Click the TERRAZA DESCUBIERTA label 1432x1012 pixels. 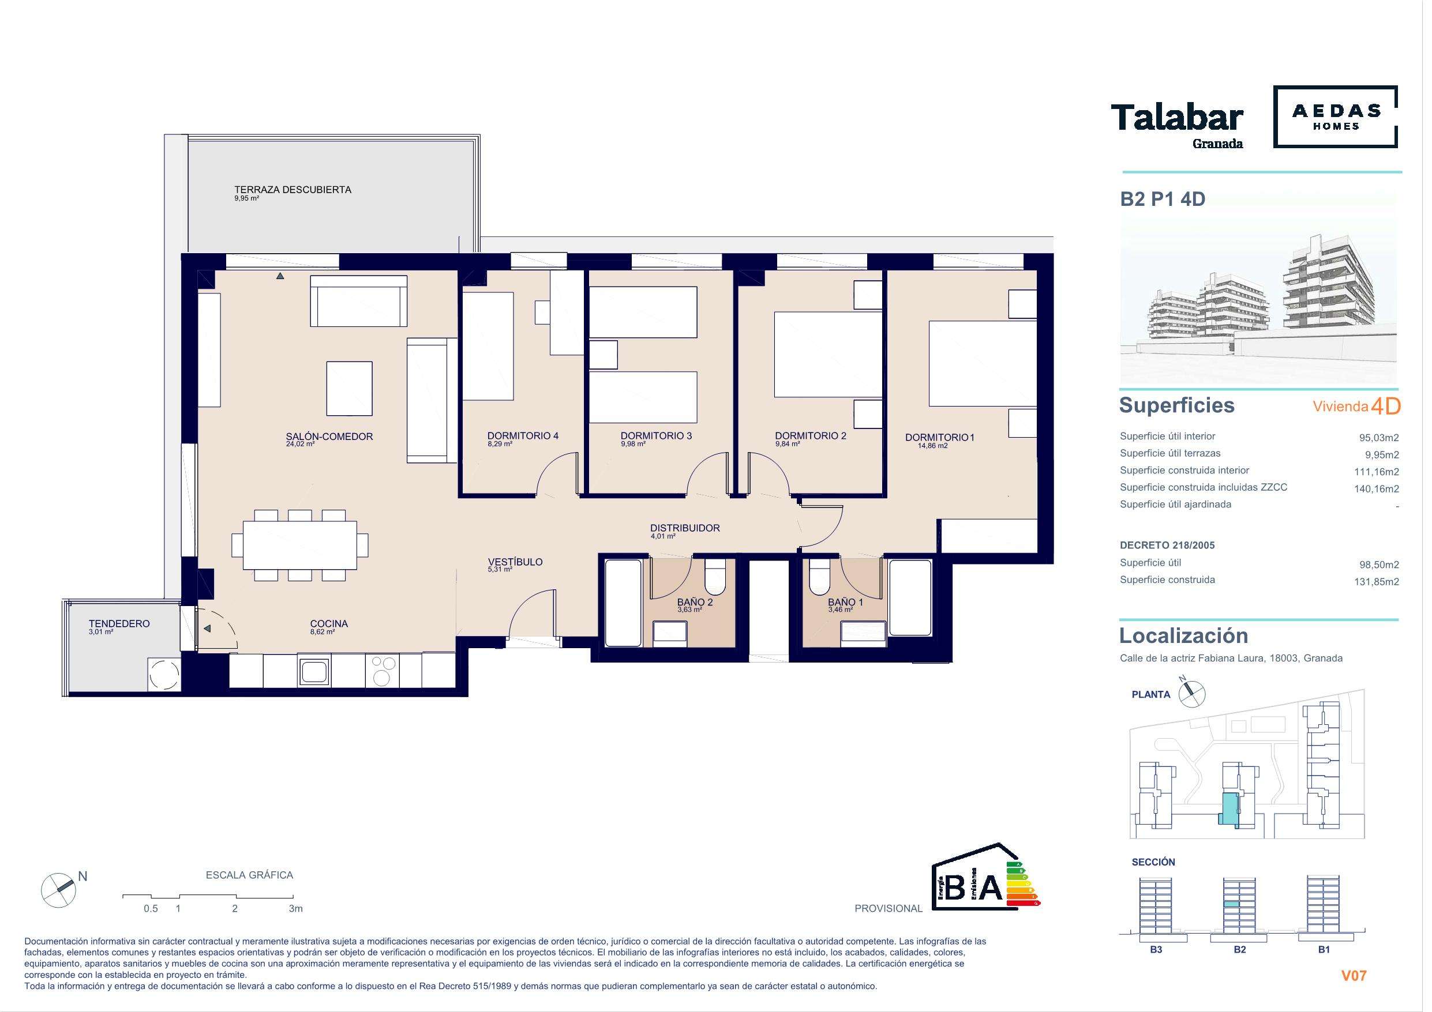pos(293,190)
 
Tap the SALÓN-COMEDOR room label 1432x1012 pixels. pos(329,437)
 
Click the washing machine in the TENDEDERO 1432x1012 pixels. pos(164,674)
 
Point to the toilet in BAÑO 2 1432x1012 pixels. pos(715,576)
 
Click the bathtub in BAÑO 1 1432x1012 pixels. pos(910,598)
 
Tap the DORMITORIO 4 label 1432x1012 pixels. pos(523,436)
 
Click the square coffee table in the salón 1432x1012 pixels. pos(349,389)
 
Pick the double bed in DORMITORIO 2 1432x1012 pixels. pos(829,354)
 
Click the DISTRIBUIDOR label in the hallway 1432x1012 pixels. pos(685,528)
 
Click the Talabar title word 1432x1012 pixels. pos(1177,118)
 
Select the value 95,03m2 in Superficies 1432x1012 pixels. pos(1379,438)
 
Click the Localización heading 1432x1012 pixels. pos(1184,635)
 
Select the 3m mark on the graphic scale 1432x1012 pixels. pos(295,908)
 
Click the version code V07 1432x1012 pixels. pos(1354,976)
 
